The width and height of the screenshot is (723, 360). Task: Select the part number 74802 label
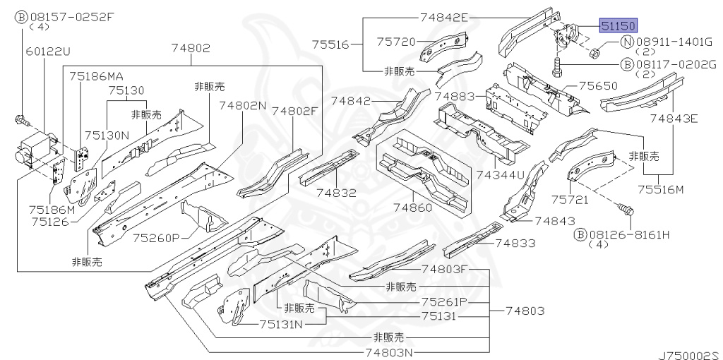click(191, 48)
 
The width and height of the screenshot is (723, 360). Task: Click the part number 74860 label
click(413, 208)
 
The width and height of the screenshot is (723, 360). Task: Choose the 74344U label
click(500, 174)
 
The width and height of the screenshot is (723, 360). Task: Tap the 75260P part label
click(156, 238)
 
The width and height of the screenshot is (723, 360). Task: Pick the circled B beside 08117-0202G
click(626, 64)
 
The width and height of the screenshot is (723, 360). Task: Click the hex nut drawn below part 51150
click(594, 52)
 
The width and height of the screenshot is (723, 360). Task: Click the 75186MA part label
click(97, 75)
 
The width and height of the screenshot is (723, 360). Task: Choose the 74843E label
click(674, 118)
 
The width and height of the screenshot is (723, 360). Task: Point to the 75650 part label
click(598, 85)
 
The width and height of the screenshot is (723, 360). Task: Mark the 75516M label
click(661, 188)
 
